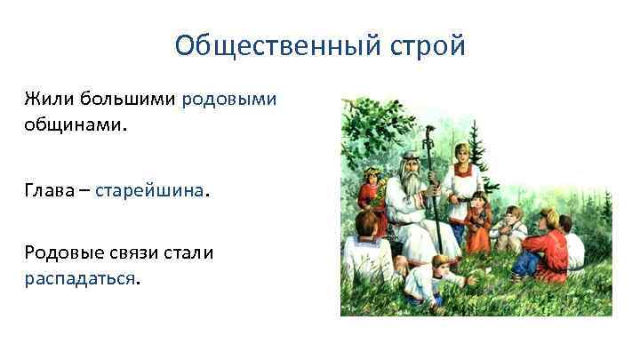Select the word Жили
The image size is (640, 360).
[50, 98]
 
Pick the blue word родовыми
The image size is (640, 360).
[229, 98]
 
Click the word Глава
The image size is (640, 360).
[52, 190]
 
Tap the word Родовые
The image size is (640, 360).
[63, 252]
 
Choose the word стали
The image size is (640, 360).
[194, 252]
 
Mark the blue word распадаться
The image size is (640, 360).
[81, 279]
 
